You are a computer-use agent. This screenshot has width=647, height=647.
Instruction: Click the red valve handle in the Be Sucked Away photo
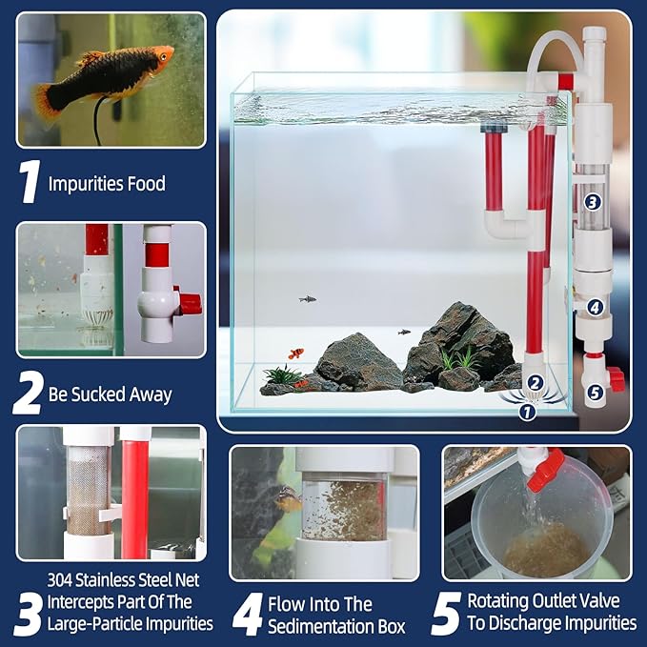[x=188, y=302]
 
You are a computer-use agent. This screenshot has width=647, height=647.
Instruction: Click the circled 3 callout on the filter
[x=593, y=201]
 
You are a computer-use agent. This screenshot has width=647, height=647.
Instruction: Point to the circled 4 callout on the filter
[x=595, y=307]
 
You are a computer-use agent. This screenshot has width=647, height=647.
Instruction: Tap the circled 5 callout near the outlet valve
[x=594, y=391]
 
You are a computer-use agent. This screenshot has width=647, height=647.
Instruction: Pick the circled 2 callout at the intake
[x=536, y=383]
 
